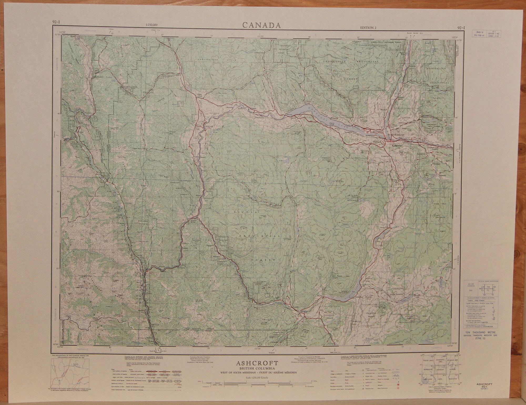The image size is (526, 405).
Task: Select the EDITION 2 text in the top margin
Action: (x=369, y=28)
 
